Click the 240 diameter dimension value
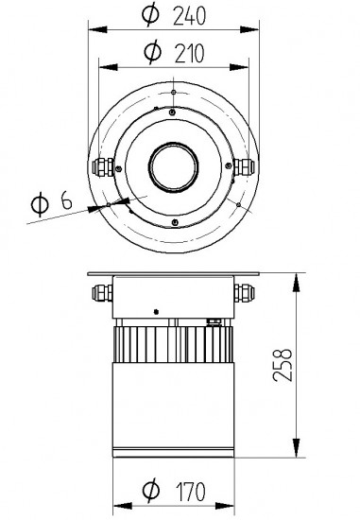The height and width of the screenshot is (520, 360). point(189,15)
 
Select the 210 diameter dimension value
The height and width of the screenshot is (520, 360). point(189,53)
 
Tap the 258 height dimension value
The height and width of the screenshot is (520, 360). point(283,365)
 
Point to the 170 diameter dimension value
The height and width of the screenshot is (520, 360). point(190,492)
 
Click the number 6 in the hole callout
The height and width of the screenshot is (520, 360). point(67,200)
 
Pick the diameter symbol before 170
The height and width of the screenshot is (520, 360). point(151,490)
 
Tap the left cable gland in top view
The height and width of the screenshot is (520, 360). point(103,166)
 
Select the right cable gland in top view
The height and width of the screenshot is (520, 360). point(244,166)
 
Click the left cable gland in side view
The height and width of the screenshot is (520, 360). point(102,292)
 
